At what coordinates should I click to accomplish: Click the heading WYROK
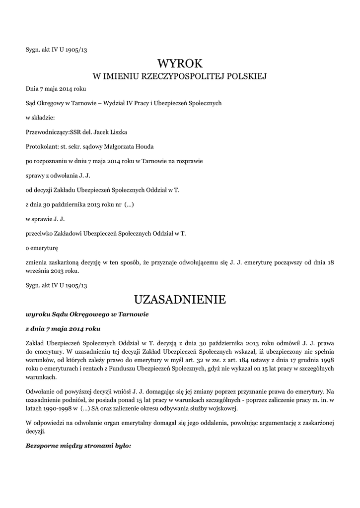[x=180, y=63]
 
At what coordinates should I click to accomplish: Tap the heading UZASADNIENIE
[x=180, y=300]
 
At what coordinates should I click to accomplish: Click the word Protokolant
[x=41, y=146]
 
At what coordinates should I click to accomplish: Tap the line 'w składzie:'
[x=40, y=118]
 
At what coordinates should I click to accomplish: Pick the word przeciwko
[x=40, y=233]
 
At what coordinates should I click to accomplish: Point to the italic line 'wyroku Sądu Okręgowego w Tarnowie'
[x=87, y=315]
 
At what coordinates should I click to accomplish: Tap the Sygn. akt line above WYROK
[x=57, y=50]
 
